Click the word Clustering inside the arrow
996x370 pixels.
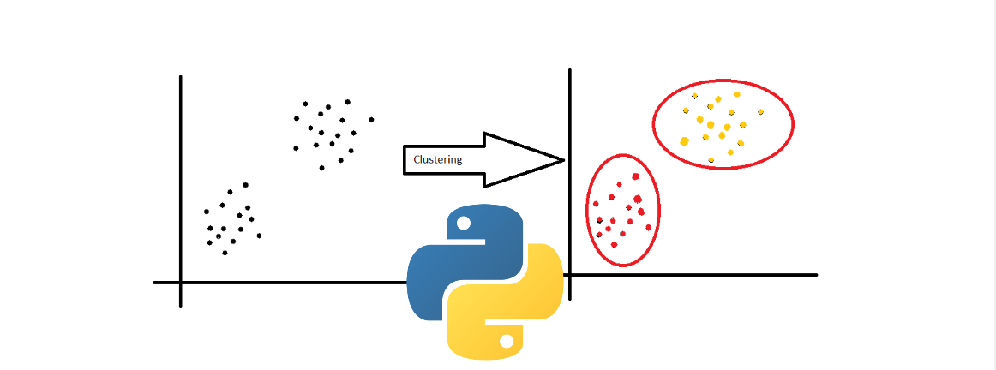tap(437, 159)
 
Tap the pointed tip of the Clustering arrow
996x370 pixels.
tap(563, 159)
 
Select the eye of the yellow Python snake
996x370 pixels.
tap(507, 340)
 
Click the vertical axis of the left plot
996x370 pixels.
tap(181, 171)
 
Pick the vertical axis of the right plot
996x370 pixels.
tap(570, 128)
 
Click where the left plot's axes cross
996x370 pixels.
tap(181, 282)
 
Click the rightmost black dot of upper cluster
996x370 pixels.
tap(371, 119)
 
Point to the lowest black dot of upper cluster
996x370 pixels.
tap(321, 168)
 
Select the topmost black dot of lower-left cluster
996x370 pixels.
tap(245, 185)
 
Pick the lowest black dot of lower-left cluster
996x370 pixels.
tap(225, 253)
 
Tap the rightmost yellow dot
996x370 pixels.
tap(759, 111)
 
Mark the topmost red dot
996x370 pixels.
tap(636, 176)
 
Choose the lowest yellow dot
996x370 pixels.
tap(711, 160)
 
